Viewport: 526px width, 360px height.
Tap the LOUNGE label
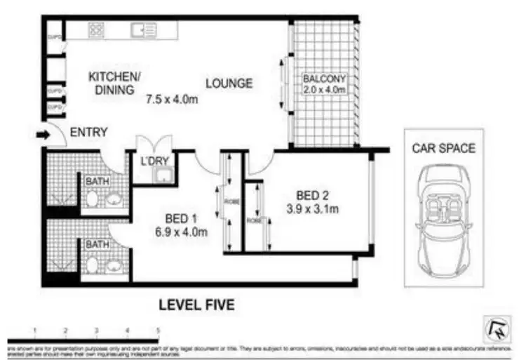click(229, 84)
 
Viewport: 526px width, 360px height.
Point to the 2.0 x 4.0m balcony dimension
click(324, 90)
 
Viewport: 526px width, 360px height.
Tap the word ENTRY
click(89, 132)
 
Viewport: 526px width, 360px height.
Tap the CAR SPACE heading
click(443, 148)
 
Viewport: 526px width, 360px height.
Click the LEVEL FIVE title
click(196, 305)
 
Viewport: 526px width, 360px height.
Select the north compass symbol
click(494, 328)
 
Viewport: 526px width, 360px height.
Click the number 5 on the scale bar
click(159, 329)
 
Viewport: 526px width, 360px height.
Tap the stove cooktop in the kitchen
click(96, 29)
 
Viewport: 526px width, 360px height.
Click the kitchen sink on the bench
click(146, 29)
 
